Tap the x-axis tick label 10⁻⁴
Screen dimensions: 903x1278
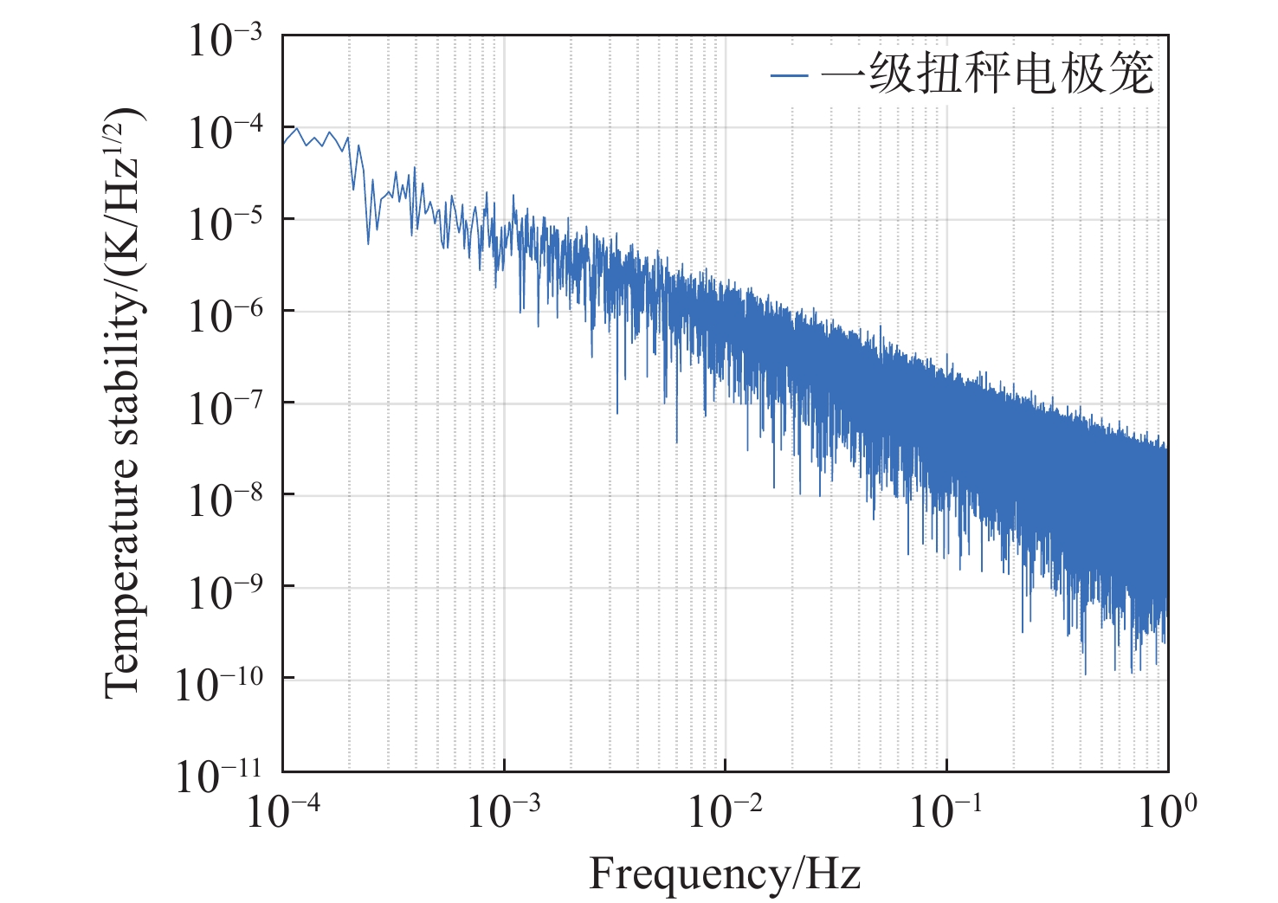pos(283,812)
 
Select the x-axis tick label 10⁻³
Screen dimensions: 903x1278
pos(504,812)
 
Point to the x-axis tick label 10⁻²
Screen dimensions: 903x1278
pos(726,812)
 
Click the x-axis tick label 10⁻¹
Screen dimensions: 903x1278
pos(946,812)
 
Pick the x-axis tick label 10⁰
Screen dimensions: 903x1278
pos(1168,812)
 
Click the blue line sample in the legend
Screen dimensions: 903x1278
pos(789,75)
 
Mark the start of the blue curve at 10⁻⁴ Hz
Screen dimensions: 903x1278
pos(284,143)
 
